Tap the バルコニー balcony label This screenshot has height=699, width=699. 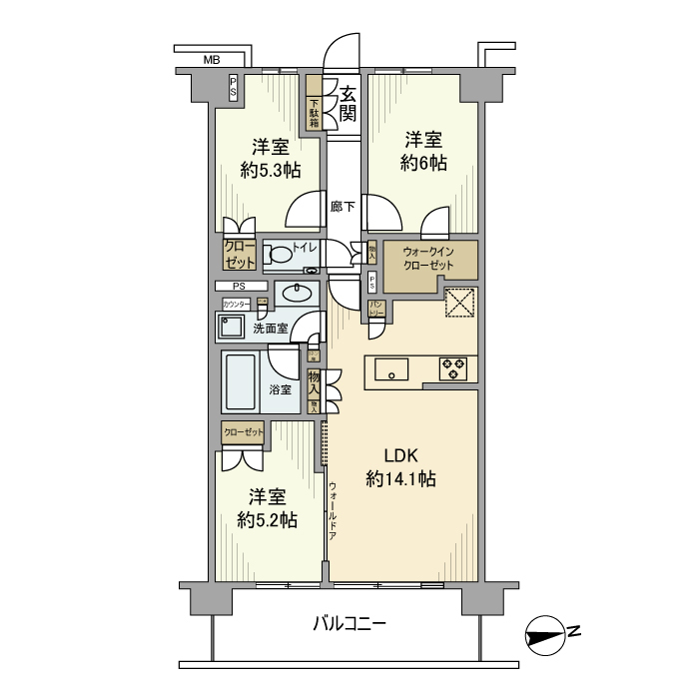(x=349, y=624)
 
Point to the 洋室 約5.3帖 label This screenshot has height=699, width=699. (x=270, y=157)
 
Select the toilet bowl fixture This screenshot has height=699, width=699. (x=283, y=256)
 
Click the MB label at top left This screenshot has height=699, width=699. (x=211, y=61)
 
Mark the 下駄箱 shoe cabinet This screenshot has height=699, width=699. (x=314, y=107)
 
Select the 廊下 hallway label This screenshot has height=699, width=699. (x=344, y=207)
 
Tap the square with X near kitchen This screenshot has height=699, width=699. (x=459, y=303)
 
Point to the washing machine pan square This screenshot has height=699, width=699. (x=233, y=329)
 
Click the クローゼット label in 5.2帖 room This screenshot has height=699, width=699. (x=244, y=431)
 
